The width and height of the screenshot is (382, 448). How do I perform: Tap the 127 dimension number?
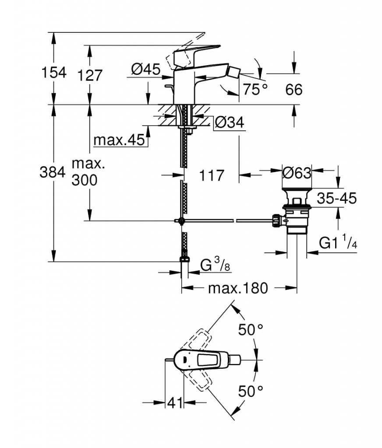point(90,75)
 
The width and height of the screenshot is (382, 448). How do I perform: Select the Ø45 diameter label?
point(145,69)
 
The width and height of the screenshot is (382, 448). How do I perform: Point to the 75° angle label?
point(255,89)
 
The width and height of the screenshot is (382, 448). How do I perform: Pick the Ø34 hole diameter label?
point(230,122)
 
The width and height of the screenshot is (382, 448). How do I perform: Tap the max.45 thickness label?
point(119,140)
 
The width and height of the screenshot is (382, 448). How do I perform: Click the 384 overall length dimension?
point(53,172)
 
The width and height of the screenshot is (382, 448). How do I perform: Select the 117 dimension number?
point(211,175)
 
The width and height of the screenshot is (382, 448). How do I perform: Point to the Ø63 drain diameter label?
point(297,172)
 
